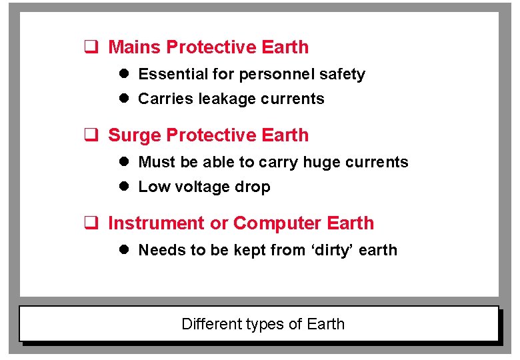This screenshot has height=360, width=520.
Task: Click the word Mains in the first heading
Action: [x=135, y=47]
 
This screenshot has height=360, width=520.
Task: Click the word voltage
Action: [x=202, y=187]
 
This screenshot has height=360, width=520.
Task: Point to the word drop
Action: [x=253, y=187]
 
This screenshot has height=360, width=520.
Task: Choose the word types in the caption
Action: [x=265, y=325]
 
